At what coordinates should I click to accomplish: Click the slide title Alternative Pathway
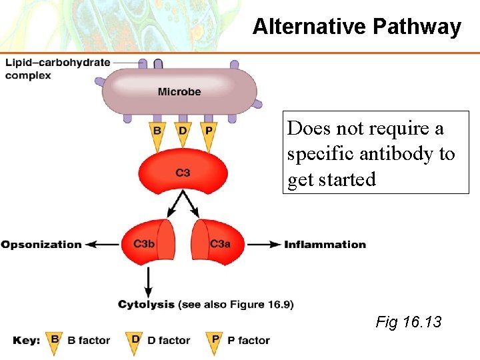tap(357, 27)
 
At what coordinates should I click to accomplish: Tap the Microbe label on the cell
tap(179, 91)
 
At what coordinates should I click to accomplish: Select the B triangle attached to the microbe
tap(157, 131)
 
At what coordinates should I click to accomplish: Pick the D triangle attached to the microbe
tap(183, 131)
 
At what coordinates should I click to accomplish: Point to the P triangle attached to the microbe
tap(208, 131)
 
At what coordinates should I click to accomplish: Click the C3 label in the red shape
tap(183, 173)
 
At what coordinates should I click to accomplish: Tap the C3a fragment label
tap(220, 244)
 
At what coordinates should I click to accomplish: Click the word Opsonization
tap(41, 245)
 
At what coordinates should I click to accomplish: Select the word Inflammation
tap(325, 245)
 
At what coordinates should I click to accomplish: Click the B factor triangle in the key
tap(55, 340)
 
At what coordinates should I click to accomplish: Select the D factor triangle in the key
tap(135, 340)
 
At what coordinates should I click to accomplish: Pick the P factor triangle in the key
tap(215, 340)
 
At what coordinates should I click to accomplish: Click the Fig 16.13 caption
tap(409, 323)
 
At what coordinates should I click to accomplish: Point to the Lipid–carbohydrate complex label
tap(57, 69)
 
